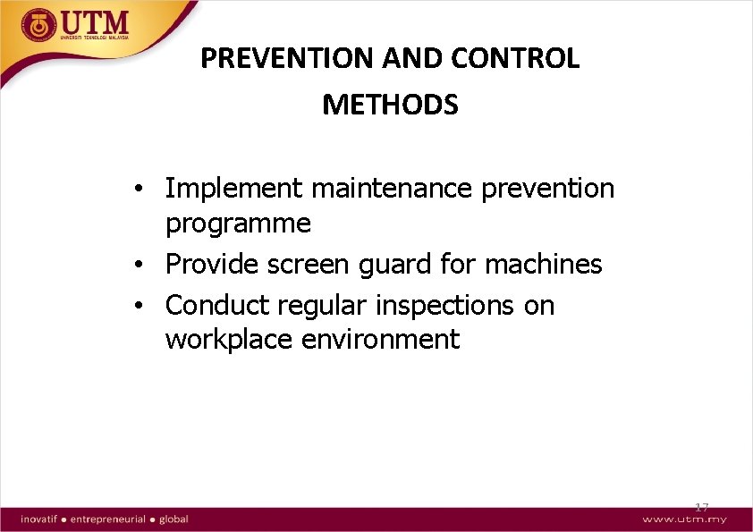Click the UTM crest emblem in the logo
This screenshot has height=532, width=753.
point(38,25)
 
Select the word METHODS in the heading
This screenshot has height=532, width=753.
point(390,106)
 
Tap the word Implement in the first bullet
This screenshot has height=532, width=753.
point(234,189)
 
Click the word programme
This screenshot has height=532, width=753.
point(238,224)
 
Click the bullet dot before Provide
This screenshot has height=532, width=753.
point(140,266)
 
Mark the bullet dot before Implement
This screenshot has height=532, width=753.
point(140,190)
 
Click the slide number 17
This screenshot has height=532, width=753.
point(702,508)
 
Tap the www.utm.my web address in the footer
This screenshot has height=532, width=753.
point(684,519)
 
